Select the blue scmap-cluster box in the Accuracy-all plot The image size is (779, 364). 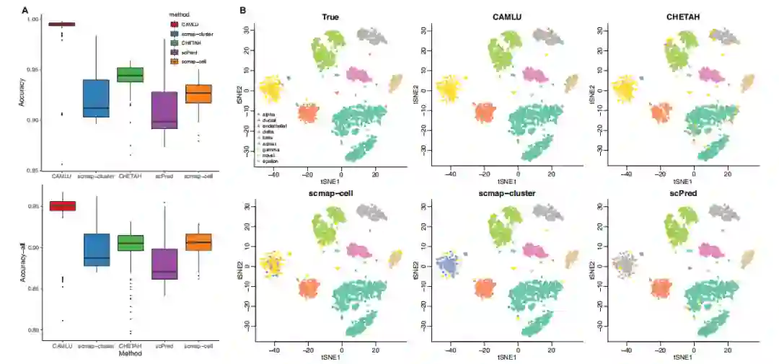[x=96, y=250]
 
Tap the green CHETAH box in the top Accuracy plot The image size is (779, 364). [x=131, y=75]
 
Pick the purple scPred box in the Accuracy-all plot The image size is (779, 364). [x=164, y=264]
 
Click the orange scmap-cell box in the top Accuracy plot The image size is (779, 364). [x=198, y=94]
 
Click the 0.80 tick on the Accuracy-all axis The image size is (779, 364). [x=33, y=330]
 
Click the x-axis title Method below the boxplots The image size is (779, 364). [x=130, y=354]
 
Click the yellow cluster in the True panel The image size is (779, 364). [x=270, y=89]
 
